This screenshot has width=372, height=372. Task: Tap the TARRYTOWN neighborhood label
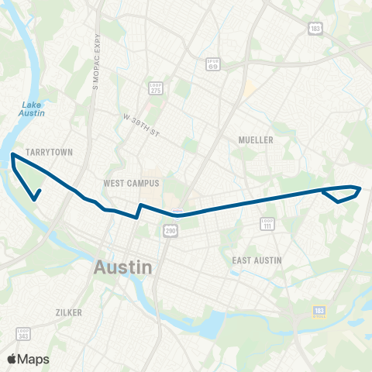coord(49,153)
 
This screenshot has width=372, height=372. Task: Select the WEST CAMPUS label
coord(131,184)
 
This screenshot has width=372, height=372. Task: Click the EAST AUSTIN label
coord(257,260)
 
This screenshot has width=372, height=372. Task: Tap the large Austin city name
coord(123,267)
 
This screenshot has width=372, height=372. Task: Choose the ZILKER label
coord(69,312)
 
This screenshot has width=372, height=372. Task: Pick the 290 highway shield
coord(170,231)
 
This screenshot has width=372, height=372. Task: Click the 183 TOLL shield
coord(319,312)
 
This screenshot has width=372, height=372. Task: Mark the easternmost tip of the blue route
coord(361,188)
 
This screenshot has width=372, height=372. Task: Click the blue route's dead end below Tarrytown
coord(36,199)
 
